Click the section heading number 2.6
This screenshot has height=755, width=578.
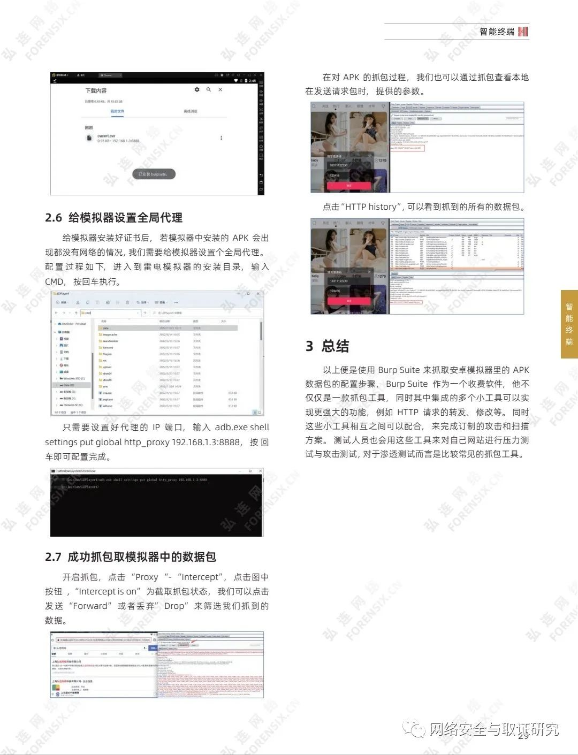pyautogui.click(x=54, y=218)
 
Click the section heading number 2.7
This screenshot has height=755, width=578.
pyautogui.click(x=53, y=557)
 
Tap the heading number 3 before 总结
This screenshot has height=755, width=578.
pyautogui.click(x=309, y=346)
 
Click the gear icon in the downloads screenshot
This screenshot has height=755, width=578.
pyautogui.click(x=197, y=90)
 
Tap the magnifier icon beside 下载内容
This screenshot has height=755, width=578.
pyautogui.click(x=209, y=90)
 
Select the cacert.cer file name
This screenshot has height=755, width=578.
pyautogui.click(x=107, y=136)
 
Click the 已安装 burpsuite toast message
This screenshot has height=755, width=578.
pyautogui.click(x=154, y=174)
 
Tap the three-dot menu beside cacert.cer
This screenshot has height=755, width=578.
pyautogui.click(x=221, y=138)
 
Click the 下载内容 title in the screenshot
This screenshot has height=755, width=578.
pyautogui.click(x=96, y=90)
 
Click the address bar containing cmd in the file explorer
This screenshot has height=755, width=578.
pyautogui.click(x=110, y=312)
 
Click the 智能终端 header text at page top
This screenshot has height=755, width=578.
pyautogui.click(x=497, y=32)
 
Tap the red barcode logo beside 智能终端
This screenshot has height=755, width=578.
pyautogui.click(x=523, y=32)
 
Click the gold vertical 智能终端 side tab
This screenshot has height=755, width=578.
pyautogui.click(x=569, y=324)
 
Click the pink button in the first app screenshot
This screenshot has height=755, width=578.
pyautogui.click(x=348, y=185)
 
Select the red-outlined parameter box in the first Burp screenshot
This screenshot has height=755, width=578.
pyautogui.click(x=407, y=148)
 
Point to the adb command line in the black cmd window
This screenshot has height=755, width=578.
pyautogui.click(x=136, y=480)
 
